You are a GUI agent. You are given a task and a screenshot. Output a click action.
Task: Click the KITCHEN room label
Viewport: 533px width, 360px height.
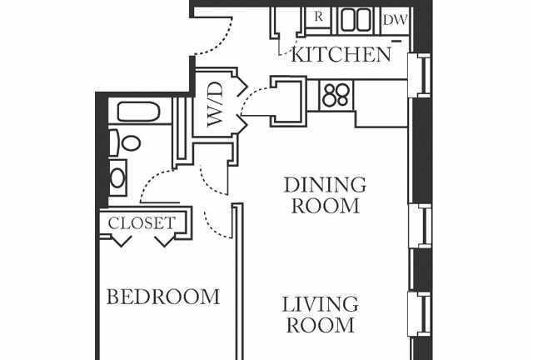(x=341, y=55)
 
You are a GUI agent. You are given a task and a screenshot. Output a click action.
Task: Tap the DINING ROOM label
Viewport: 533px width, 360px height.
(x=326, y=195)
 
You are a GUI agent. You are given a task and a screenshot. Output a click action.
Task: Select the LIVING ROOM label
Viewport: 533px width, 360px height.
(x=320, y=315)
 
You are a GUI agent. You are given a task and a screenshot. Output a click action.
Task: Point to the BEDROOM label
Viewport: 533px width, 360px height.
(x=163, y=297)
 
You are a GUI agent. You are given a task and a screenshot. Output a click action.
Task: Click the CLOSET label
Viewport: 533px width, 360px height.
(x=142, y=223)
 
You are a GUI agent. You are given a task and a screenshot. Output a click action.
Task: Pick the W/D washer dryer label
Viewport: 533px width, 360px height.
(x=216, y=104)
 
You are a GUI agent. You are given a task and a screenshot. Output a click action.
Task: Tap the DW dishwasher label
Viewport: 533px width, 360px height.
(x=395, y=20)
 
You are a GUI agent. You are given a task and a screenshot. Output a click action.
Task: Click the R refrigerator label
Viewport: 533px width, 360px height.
(x=318, y=17)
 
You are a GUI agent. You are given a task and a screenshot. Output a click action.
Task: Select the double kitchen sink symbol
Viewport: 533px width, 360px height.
(x=356, y=20)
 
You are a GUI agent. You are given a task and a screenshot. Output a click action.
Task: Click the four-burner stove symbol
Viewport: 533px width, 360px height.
(x=336, y=95)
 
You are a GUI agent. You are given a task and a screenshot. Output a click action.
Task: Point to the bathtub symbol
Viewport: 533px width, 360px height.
(x=138, y=112)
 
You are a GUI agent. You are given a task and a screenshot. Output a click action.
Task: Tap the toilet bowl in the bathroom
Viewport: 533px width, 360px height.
(x=132, y=142)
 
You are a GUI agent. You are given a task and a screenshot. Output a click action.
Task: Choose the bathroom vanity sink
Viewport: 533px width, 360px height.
(x=117, y=177)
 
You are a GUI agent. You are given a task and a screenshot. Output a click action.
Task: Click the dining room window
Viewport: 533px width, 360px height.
(x=420, y=226)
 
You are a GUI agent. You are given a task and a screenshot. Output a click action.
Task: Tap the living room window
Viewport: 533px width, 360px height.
(x=420, y=314)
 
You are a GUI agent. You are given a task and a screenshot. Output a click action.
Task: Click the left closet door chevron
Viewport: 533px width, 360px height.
(x=122, y=240)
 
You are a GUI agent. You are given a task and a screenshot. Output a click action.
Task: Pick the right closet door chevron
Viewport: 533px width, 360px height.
(x=165, y=240)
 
